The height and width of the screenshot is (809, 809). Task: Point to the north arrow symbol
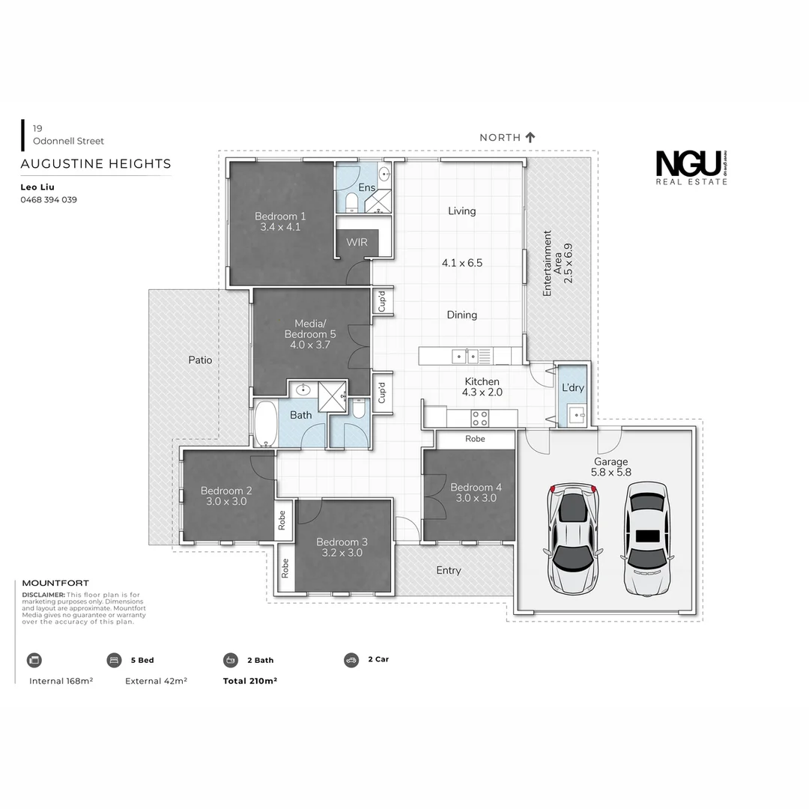[530, 137]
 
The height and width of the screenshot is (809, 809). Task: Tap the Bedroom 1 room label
[280, 216]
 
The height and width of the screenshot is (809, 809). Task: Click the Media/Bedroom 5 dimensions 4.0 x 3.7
[310, 345]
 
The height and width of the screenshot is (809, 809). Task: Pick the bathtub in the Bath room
[266, 425]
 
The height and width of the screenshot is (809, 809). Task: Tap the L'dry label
[572, 387]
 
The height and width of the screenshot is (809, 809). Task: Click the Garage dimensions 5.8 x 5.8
[611, 473]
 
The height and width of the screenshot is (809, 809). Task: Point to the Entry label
[449, 571]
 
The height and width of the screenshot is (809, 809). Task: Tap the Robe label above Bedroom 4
[475, 439]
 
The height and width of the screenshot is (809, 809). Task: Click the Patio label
[200, 360]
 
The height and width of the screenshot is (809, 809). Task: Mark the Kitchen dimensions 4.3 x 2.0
[482, 392]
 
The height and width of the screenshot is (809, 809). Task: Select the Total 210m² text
[250, 681]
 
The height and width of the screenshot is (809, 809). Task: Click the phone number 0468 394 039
[49, 200]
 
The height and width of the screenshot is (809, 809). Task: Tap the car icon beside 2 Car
[351, 660]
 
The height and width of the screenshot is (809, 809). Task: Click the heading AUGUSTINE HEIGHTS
[96, 164]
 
